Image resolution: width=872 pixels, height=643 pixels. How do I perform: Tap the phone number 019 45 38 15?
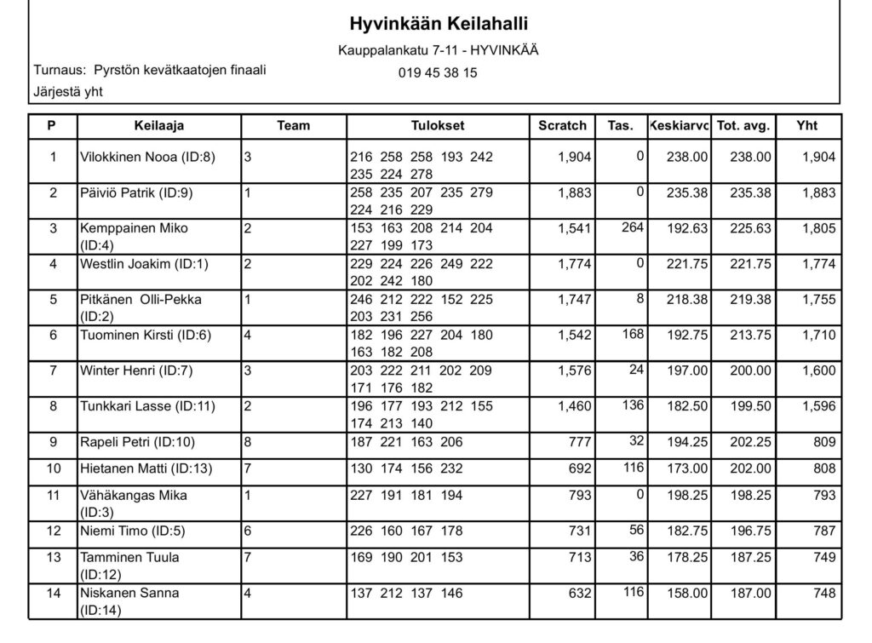(438, 72)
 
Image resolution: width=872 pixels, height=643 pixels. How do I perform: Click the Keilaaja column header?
(159, 125)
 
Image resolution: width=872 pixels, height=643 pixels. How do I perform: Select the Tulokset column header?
(438, 125)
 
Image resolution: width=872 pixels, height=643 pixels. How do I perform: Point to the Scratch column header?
(562, 125)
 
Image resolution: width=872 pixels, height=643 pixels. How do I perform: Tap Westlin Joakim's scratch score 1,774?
(575, 264)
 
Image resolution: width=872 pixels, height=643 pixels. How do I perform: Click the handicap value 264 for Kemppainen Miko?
(632, 227)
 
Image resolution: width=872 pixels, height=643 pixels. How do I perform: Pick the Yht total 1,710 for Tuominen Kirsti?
(818, 336)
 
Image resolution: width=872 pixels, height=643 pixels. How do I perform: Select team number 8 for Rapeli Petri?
(248, 443)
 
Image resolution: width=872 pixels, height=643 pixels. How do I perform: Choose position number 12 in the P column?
(53, 531)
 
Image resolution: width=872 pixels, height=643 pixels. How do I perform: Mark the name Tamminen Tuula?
(129, 557)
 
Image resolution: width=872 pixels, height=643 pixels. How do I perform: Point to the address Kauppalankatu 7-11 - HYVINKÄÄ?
(438, 51)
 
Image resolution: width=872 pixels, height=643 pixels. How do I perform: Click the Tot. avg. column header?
(743, 125)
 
